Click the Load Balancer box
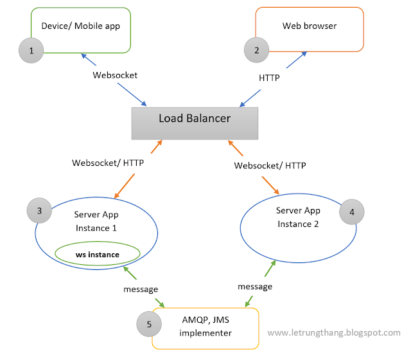(195, 123)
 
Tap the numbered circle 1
(32, 50)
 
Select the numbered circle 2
(257, 50)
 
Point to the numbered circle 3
(40, 210)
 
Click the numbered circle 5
(149, 325)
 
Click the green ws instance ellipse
(98, 255)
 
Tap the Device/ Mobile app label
(80, 26)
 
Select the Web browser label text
(310, 26)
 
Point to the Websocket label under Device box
(115, 75)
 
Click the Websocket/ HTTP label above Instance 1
(108, 163)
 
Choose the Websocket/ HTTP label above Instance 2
(270, 165)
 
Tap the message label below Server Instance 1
(141, 289)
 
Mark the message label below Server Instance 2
(255, 286)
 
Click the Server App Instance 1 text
(96, 221)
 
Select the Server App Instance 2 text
(298, 217)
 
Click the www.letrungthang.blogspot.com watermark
(333, 332)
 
